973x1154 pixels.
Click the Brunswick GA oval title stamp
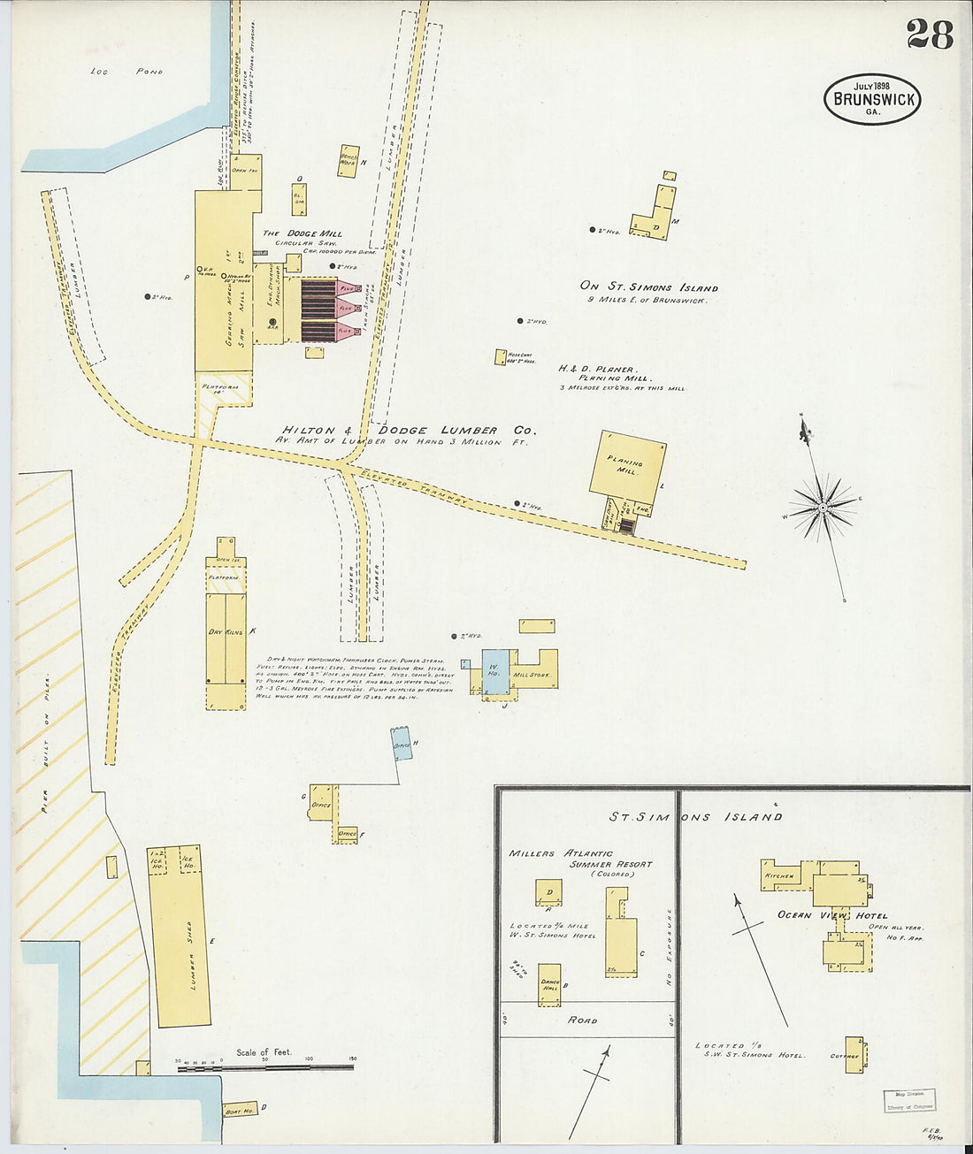[x=872, y=98]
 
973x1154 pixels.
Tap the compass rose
[x=823, y=508]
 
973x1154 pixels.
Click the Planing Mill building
[x=627, y=462]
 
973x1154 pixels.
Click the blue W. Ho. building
[x=495, y=671]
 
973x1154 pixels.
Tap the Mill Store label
[x=532, y=675]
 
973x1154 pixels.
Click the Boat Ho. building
[x=239, y=1110]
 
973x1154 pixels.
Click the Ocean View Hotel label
[x=832, y=915]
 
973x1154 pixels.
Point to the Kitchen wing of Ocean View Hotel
[x=780, y=875]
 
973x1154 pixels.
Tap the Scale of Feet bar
[x=265, y=1068]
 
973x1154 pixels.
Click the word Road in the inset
[x=582, y=1020]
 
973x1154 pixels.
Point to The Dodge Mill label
[x=302, y=233]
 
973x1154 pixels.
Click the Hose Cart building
[x=500, y=357]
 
